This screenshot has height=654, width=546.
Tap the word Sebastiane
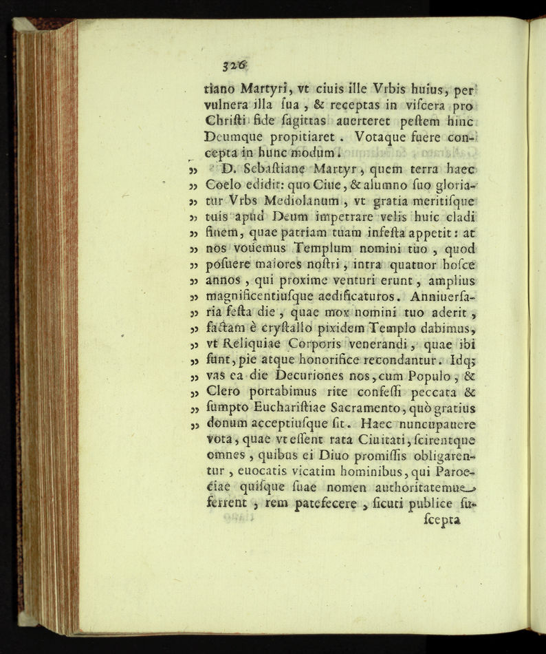(x=268, y=169)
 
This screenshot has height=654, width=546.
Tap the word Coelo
(x=222, y=186)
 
